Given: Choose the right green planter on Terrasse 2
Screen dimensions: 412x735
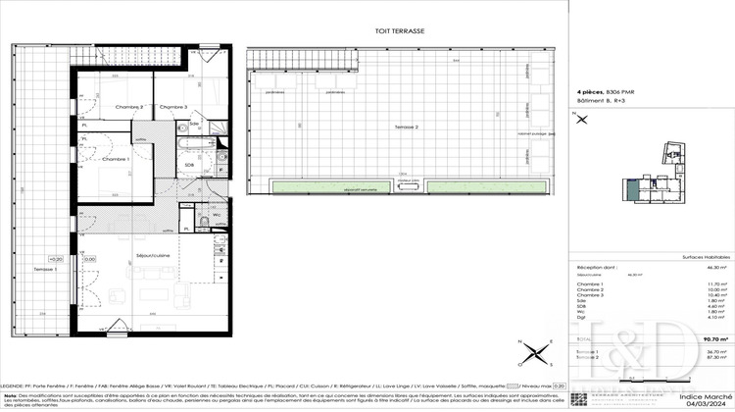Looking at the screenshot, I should pos(484,186).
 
